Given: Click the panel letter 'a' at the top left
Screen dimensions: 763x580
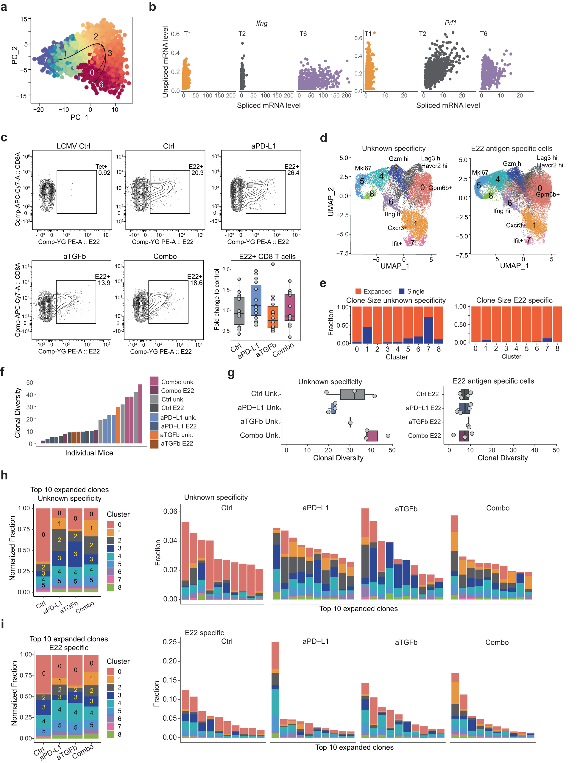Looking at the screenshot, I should tap(4, 7).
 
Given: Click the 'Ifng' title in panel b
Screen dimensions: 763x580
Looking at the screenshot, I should tap(261, 23).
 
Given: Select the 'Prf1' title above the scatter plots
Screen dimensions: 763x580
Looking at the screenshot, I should tap(450, 23).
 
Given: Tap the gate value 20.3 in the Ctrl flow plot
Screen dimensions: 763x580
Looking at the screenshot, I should tap(197, 173).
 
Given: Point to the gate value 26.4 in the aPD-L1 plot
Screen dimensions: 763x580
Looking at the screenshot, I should tap(293, 173).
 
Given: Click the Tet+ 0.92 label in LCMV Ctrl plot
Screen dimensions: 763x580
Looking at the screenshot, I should tap(104, 170).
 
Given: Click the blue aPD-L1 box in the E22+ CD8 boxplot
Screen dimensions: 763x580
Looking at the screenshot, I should tap(256, 300).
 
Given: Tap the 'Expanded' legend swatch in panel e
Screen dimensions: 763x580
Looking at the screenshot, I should tap(358, 291).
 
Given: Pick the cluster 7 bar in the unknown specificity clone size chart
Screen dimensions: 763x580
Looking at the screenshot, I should tap(428, 330).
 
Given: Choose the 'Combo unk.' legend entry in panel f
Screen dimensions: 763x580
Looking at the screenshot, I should tap(178, 382).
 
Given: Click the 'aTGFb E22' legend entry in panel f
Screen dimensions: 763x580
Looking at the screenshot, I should tap(177, 443).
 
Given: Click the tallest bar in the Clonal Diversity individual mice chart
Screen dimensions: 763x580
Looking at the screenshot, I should tap(140, 413).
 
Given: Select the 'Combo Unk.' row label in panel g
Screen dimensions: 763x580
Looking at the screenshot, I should tap(259, 435).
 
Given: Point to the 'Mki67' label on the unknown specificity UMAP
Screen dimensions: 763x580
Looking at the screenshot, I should tap(363, 168).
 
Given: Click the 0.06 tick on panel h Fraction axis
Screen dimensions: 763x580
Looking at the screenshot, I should tap(170, 511).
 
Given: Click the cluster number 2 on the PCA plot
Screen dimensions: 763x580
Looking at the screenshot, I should tap(96, 37).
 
